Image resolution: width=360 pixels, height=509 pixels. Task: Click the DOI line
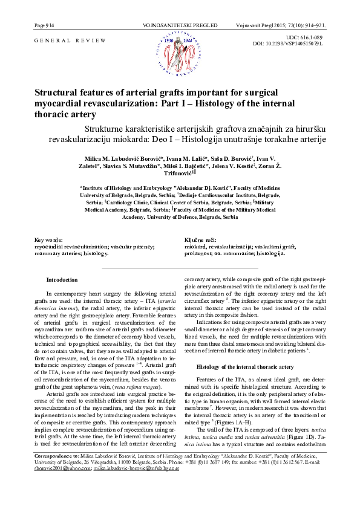point(296,44)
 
